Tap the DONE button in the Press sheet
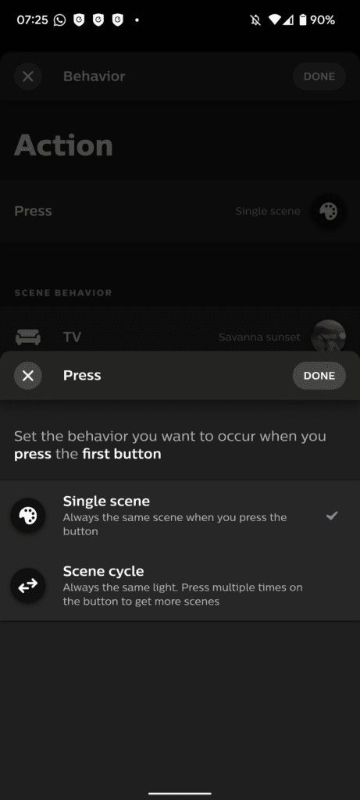click(x=319, y=376)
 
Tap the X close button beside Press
click(x=28, y=376)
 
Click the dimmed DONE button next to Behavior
click(x=319, y=77)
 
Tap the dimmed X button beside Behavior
click(x=28, y=77)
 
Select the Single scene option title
click(x=106, y=501)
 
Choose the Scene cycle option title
click(x=104, y=570)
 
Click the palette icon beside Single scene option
click(x=28, y=516)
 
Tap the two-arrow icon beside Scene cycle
click(x=28, y=586)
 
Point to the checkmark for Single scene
click(x=332, y=516)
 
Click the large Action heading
click(x=63, y=145)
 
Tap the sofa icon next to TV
click(x=27, y=337)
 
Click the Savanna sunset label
click(x=259, y=337)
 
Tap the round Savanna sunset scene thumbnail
click(x=329, y=336)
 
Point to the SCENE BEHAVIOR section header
click(x=63, y=293)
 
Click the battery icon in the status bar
click(x=304, y=20)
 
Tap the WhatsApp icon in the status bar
click(x=59, y=20)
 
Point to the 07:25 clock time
click(x=32, y=20)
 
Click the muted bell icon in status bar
click(x=255, y=20)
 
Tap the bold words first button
click(x=121, y=454)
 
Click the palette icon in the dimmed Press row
click(x=329, y=211)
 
